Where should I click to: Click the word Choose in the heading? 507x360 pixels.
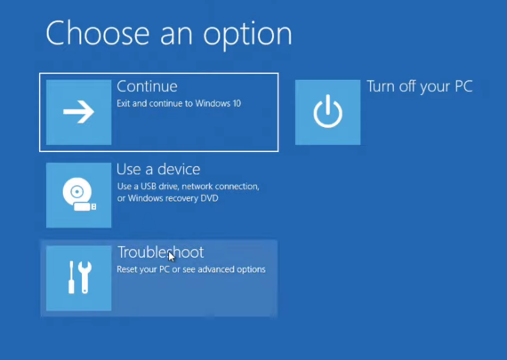98,33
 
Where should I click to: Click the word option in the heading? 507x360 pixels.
247,35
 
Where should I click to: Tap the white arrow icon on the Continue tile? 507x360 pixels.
78,112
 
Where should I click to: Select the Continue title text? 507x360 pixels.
147,86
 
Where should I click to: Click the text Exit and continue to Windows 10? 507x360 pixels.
179,103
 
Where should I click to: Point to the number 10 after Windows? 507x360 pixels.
237,103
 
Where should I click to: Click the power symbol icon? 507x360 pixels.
328,111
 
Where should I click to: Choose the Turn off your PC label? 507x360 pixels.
420,86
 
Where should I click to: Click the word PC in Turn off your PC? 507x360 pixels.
463,86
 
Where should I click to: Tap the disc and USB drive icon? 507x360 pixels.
79,194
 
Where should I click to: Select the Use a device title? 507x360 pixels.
158,170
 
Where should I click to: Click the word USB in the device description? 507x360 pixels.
148,187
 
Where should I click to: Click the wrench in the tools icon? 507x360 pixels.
85,277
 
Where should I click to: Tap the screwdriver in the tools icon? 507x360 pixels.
71,277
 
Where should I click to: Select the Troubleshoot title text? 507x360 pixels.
160,252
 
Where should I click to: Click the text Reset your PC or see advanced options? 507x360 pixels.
191,269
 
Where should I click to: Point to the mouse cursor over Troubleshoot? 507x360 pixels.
172,257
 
